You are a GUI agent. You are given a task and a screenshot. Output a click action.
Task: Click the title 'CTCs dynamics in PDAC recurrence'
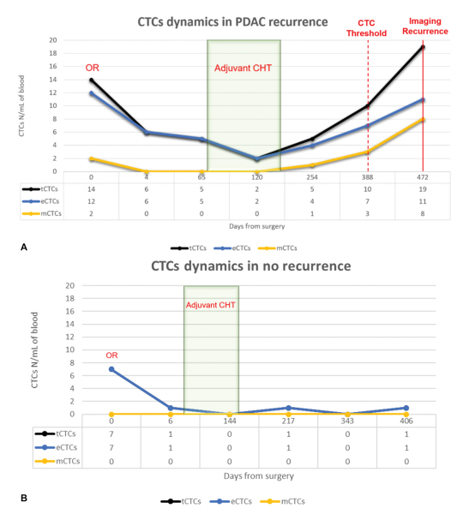[x=232, y=22]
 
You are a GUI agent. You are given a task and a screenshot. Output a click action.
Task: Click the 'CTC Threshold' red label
[x=366, y=28]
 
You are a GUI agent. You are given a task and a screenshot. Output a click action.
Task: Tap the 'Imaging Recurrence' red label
[x=425, y=27]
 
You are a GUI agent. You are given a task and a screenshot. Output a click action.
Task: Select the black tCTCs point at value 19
[x=423, y=47]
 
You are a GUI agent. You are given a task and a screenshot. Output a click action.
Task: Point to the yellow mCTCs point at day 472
[x=423, y=120]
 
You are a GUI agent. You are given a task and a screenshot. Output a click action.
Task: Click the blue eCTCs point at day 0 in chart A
[x=91, y=93]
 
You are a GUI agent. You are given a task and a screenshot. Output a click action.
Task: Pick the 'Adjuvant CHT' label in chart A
[x=244, y=69]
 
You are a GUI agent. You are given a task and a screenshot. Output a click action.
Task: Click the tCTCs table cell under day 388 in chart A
[x=368, y=189]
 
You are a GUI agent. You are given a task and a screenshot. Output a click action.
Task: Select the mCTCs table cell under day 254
[x=312, y=213]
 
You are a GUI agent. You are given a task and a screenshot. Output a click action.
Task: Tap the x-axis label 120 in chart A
[x=257, y=177]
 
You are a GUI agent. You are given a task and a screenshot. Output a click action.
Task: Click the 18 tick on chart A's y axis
[x=53, y=53]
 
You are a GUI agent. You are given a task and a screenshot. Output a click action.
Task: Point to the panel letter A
[x=24, y=248]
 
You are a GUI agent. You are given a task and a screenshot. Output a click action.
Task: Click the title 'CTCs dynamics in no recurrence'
[x=251, y=266]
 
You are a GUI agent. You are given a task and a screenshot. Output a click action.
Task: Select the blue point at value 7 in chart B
[x=111, y=369]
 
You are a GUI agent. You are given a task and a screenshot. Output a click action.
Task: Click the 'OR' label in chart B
[x=111, y=356]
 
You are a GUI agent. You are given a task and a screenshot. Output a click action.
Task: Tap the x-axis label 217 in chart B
[x=288, y=421]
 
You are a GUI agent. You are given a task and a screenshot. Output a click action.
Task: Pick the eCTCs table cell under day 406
[x=406, y=448]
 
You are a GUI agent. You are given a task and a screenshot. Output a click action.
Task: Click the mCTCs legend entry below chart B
[x=282, y=501]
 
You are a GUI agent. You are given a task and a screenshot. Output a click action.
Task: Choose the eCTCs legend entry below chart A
[x=232, y=248]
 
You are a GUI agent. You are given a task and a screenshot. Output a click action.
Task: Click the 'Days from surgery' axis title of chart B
[x=259, y=476]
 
